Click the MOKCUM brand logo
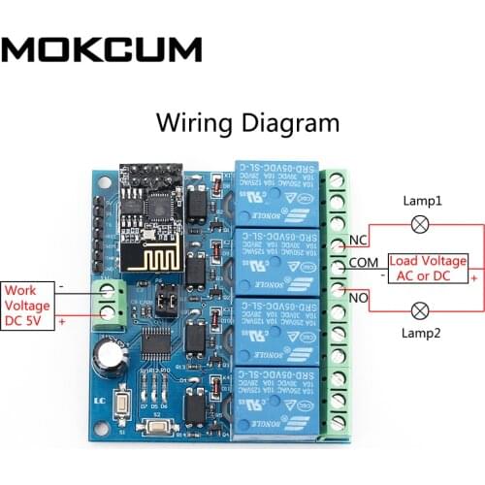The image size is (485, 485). point(102,48)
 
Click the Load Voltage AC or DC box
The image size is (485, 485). point(428,268)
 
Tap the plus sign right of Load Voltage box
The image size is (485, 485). point(474,276)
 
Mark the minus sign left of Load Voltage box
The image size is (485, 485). point(384,276)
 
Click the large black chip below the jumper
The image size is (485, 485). point(156,341)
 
